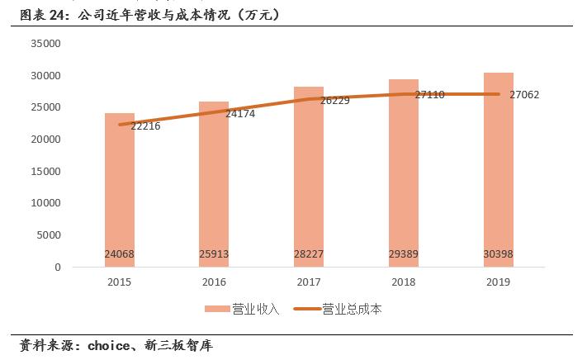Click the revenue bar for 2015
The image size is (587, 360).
120,190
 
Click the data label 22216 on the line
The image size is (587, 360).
145,126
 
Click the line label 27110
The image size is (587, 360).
429,95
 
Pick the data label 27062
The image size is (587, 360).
524,95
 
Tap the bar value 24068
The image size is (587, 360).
120,254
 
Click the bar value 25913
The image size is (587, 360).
214,254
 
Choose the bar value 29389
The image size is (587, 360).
403,254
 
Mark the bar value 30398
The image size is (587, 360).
498,254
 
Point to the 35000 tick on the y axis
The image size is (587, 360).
46,44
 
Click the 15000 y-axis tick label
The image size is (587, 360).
46,172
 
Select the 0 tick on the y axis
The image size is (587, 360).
58,268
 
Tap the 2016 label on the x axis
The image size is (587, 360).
214,282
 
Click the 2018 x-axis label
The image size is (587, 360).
403,282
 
